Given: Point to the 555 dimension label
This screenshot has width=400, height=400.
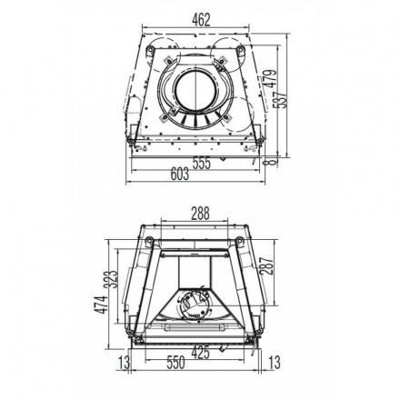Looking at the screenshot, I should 200,163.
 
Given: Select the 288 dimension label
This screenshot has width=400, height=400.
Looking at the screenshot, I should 200,213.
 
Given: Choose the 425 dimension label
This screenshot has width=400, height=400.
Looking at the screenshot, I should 200,352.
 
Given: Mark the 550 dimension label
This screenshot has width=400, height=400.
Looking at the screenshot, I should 177,363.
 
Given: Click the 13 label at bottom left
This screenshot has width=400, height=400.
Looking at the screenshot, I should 125,364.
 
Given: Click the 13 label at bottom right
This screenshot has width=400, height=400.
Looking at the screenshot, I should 274,364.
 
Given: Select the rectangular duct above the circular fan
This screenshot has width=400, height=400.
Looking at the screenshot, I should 195,271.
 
